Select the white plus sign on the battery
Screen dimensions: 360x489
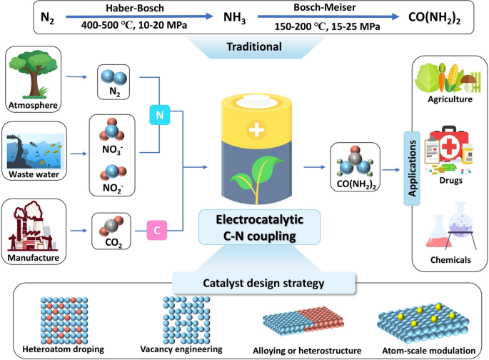pos(255,129)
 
